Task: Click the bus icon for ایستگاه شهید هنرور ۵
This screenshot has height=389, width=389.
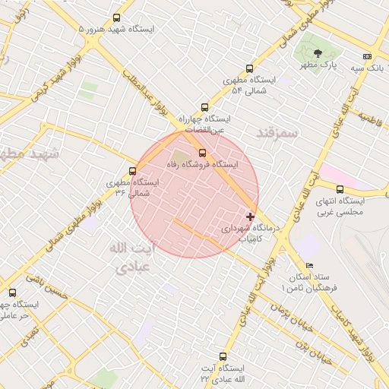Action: [x=116, y=17]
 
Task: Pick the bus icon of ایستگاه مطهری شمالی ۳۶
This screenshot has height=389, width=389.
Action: [x=133, y=172]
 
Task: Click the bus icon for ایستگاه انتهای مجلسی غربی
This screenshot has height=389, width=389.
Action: [x=340, y=189]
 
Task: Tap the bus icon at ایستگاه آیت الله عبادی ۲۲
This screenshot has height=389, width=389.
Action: [x=223, y=356]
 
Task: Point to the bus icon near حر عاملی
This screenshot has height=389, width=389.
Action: [x=11, y=293]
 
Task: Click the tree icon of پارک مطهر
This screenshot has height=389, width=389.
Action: [x=318, y=52]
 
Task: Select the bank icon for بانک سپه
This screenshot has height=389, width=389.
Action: [x=368, y=56]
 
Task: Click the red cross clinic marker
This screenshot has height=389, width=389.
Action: [x=251, y=217]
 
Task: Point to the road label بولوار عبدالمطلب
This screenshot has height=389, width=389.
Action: [x=141, y=96]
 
